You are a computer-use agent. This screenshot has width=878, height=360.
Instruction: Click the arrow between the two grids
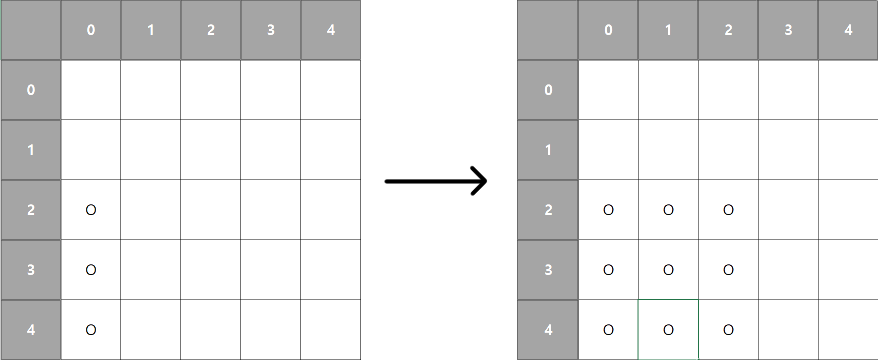[x=436, y=181]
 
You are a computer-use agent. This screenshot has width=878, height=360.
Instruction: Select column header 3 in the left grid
[x=271, y=30]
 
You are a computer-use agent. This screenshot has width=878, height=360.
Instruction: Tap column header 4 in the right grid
[x=848, y=30]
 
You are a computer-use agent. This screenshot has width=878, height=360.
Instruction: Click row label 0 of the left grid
[x=31, y=90]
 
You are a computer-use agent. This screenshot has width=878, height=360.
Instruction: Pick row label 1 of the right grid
[x=548, y=150]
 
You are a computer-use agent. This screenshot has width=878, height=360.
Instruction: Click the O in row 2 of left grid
[x=91, y=210]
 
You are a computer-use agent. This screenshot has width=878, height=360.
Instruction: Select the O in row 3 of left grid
[x=91, y=270]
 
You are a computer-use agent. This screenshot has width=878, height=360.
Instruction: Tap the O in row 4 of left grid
[x=91, y=330]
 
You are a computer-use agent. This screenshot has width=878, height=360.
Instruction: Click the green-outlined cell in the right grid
[x=668, y=330]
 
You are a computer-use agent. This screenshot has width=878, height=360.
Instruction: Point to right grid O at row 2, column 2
[x=728, y=210]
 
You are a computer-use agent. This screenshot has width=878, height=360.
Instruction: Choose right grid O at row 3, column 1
[x=668, y=270]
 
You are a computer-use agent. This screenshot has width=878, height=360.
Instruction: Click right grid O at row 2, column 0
[x=608, y=210]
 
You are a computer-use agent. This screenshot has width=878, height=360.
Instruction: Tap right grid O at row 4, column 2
[x=728, y=330]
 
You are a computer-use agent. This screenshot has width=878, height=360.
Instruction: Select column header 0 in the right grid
[x=608, y=30]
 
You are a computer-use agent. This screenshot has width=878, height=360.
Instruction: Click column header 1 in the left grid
[x=151, y=30]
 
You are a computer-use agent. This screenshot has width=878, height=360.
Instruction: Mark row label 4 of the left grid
[x=31, y=330]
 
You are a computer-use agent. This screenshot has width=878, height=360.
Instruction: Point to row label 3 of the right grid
[x=548, y=270]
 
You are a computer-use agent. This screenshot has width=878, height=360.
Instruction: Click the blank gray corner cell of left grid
[x=31, y=30]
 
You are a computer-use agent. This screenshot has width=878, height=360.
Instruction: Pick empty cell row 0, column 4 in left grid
[x=331, y=90]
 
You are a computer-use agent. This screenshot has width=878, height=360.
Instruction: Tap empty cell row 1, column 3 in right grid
[x=788, y=150]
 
